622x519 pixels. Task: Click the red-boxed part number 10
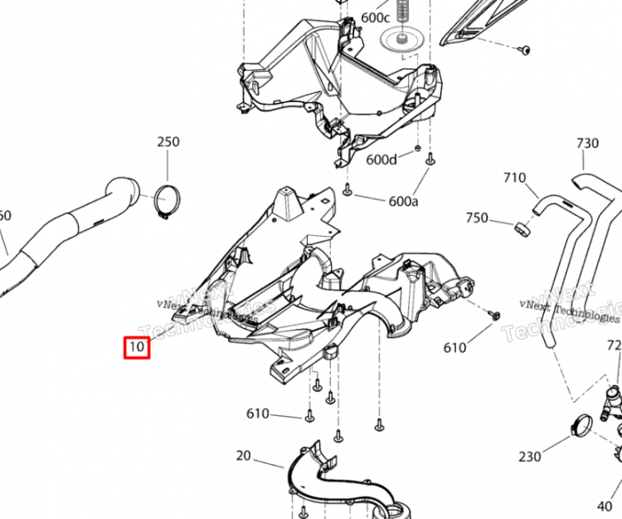(137, 346)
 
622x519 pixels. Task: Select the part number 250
(168, 142)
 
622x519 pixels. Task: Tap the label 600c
(375, 17)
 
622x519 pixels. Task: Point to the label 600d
(382, 159)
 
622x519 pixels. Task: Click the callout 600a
(403, 201)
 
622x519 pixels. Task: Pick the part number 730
(587, 144)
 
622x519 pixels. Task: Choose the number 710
(514, 178)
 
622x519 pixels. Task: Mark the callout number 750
(477, 218)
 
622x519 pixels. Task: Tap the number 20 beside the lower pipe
(243, 455)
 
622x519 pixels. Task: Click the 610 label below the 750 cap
(455, 347)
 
